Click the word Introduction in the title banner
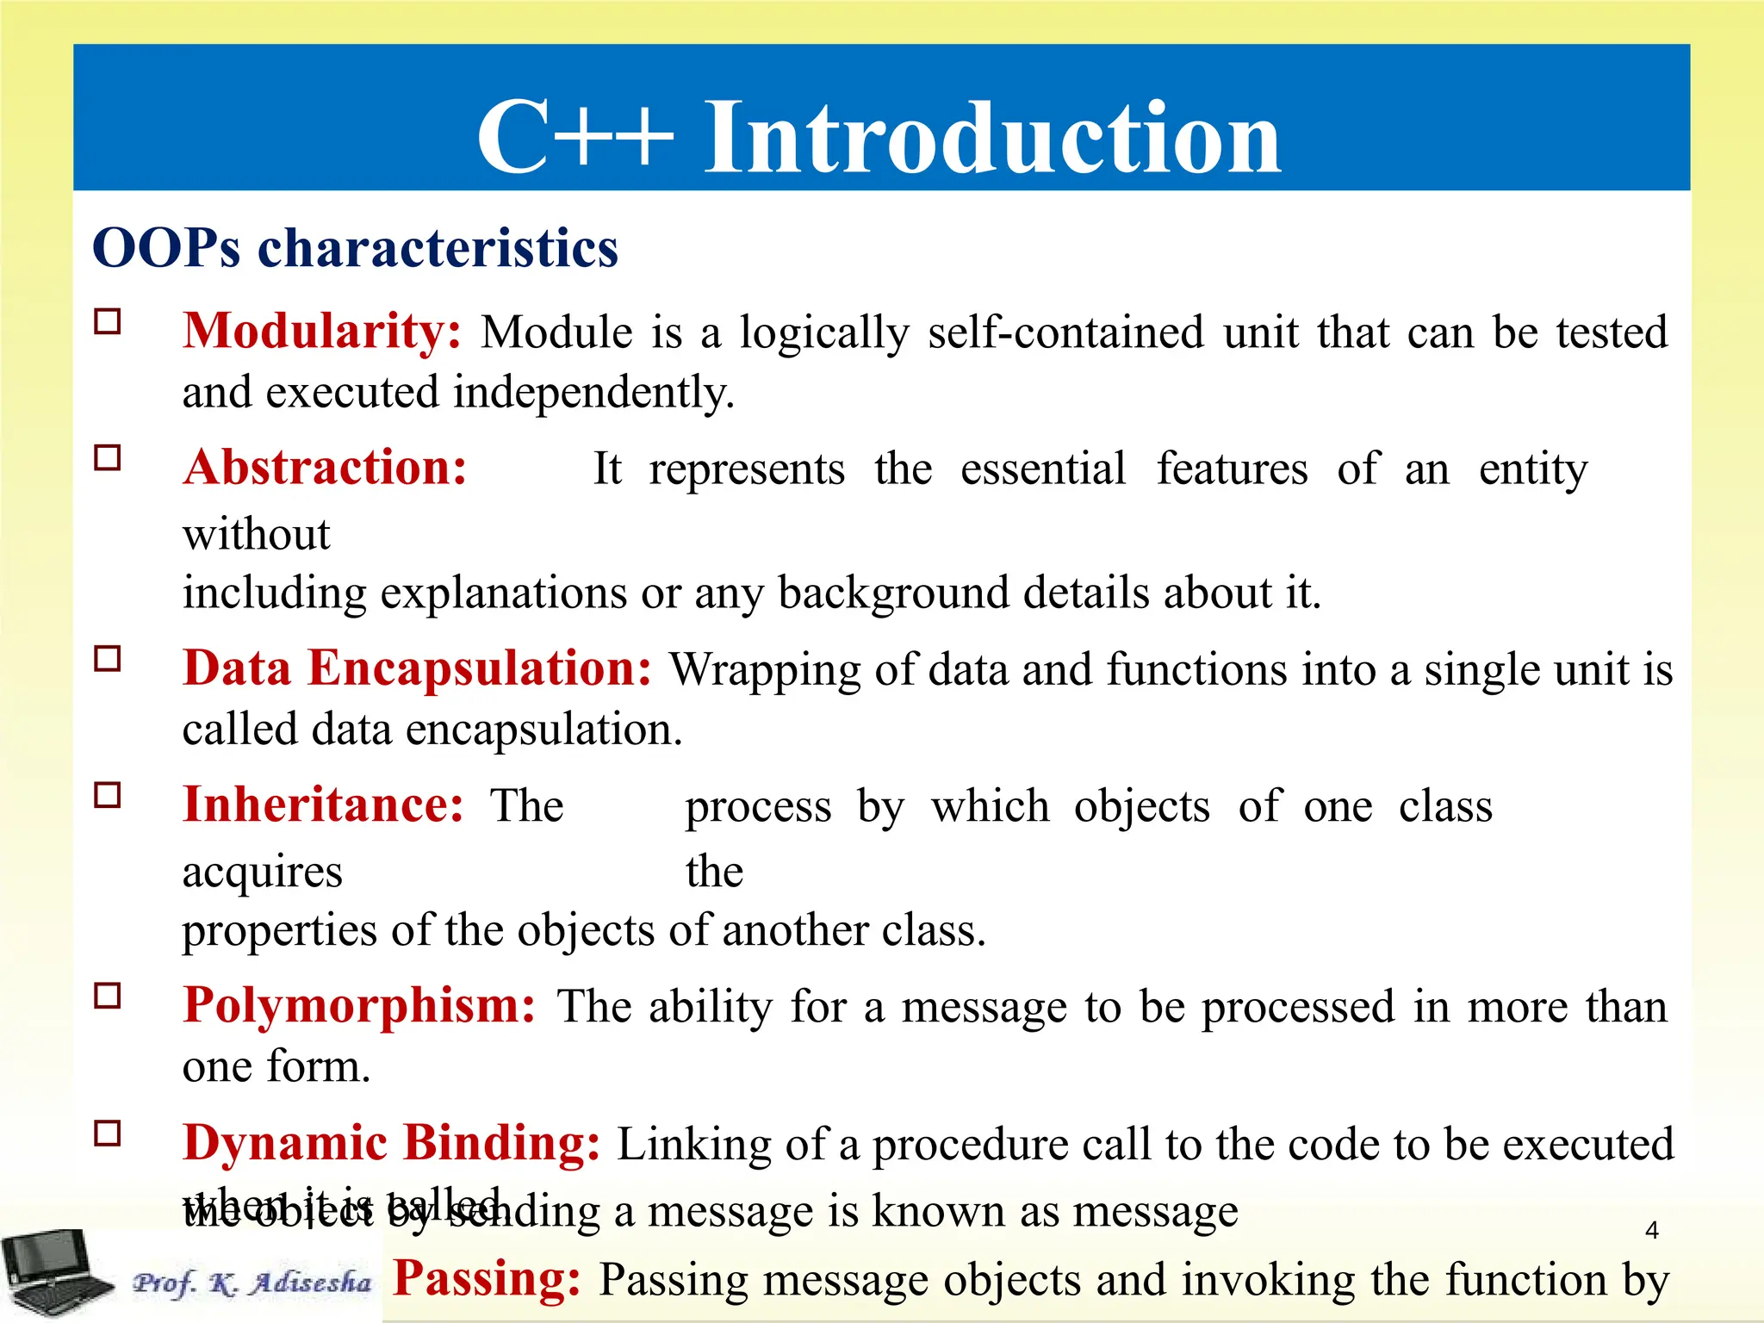coord(992,138)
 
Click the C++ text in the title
coord(575,138)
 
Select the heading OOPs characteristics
coord(355,249)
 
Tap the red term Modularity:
coord(322,332)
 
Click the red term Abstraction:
coord(325,469)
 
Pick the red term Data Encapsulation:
coord(417,668)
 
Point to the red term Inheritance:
coord(323,805)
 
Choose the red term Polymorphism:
coord(359,1006)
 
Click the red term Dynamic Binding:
coord(391,1144)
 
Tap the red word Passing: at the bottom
coord(487,1279)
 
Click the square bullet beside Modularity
coord(108,322)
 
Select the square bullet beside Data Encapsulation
coord(108,659)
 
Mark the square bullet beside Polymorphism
coord(108,997)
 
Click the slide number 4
coord(1651,1230)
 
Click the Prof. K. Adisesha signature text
coord(252,1283)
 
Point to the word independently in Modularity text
coord(593,393)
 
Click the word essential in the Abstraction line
coord(1042,470)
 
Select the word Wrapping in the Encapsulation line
coord(765,671)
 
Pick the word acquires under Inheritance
coord(262,873)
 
